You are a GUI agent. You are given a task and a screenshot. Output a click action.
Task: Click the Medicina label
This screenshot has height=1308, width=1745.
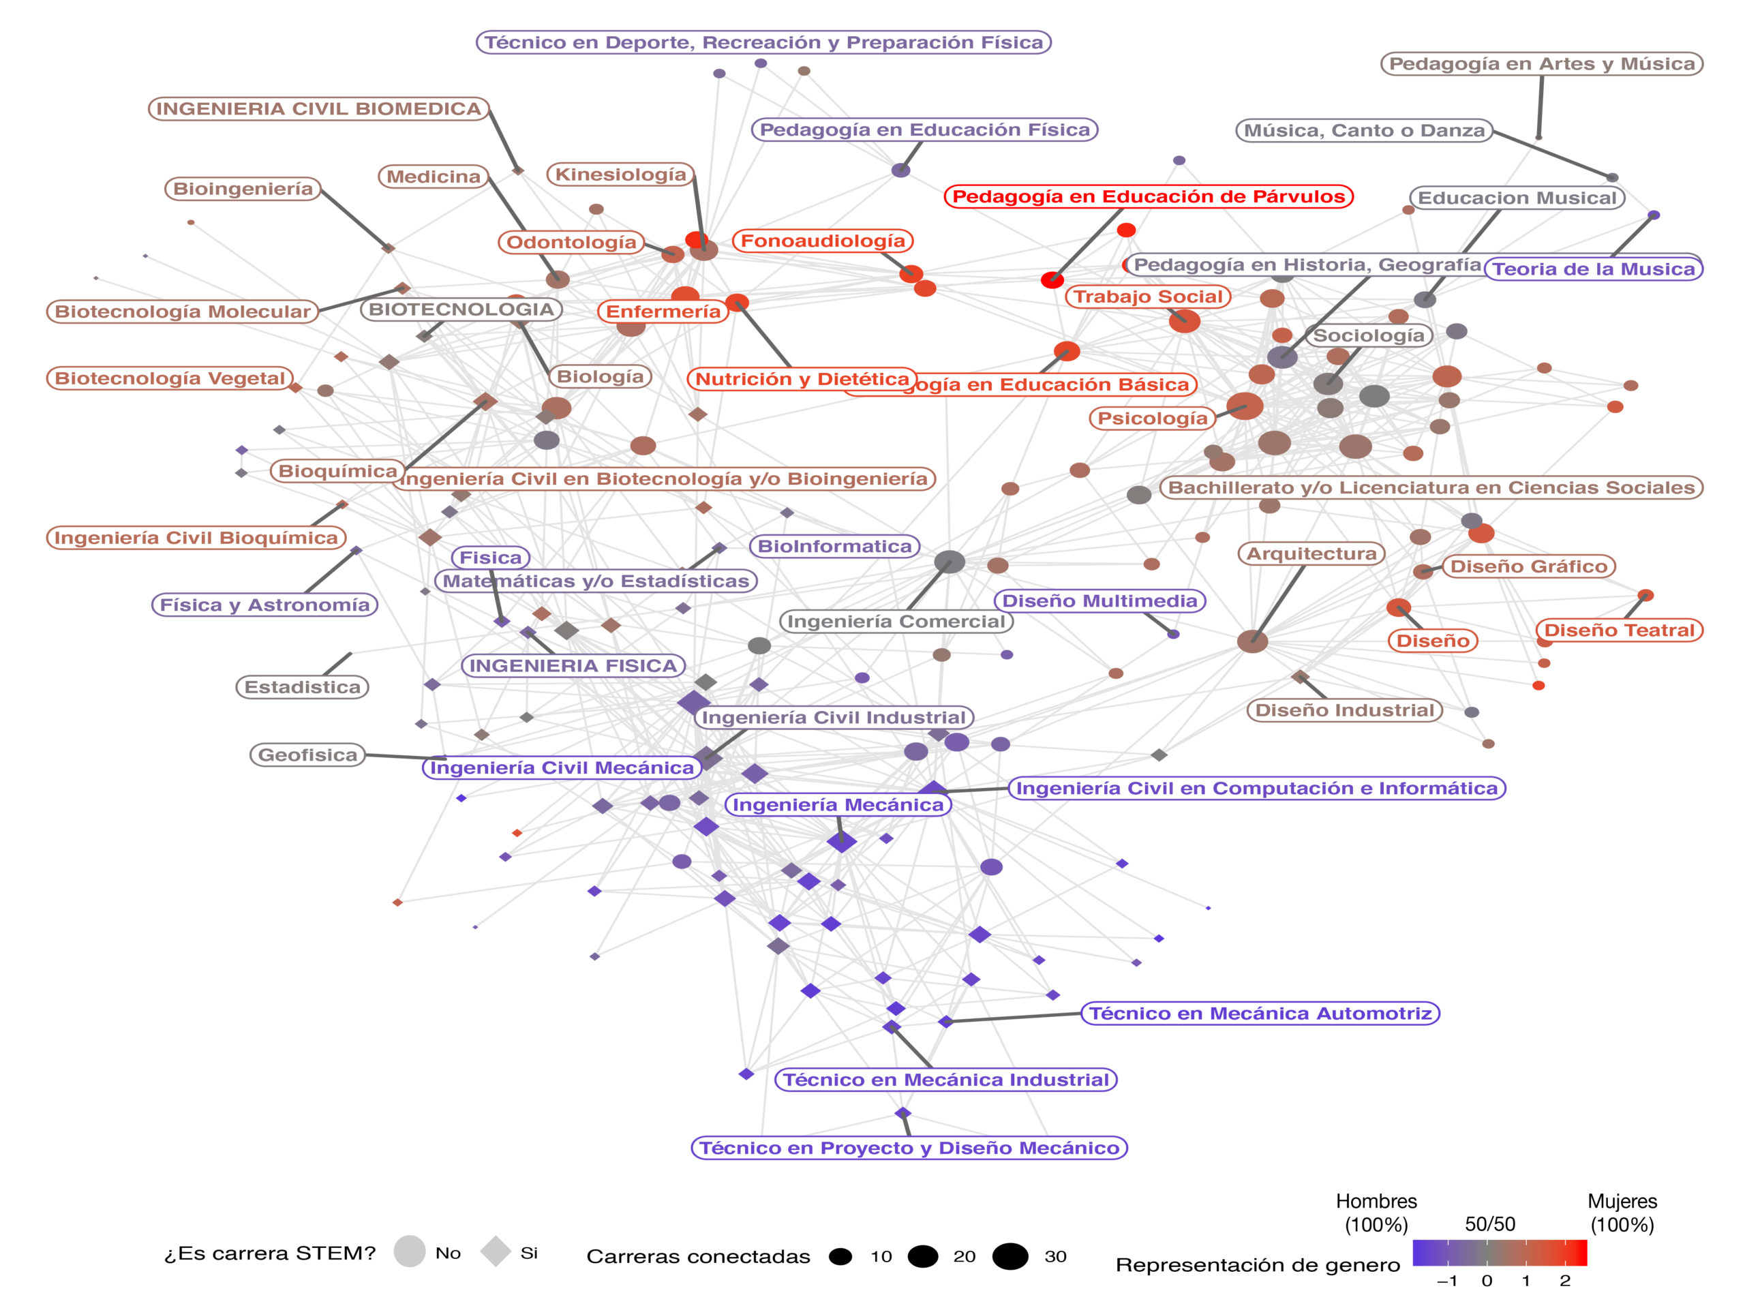pos(433,176)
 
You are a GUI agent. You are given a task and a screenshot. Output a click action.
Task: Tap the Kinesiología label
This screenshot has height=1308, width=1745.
pos(620,174)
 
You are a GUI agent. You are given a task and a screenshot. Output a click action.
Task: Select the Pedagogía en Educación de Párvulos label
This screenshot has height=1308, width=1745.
pos(1148,196)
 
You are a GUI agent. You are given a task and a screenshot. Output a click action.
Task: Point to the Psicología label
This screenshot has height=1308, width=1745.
pos(1152,418)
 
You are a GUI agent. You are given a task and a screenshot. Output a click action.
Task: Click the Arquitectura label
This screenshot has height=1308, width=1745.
pos(1310,554)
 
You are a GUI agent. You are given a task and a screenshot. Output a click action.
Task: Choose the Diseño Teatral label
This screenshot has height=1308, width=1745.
pos(1619,630)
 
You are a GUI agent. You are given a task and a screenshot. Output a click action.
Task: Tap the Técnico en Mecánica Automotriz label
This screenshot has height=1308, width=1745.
pos(1260,1013)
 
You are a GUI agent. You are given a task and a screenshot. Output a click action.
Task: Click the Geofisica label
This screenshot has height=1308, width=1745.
pos(307,755)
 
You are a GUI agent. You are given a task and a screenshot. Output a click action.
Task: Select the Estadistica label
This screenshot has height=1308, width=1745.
pos(302,687)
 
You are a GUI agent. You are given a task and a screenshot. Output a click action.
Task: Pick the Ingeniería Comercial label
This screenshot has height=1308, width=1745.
pos(896,622)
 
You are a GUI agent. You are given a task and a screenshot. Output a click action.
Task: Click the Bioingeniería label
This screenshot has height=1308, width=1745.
pos(242,189)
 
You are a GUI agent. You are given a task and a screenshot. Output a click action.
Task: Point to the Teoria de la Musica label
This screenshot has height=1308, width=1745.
pos(1594,269)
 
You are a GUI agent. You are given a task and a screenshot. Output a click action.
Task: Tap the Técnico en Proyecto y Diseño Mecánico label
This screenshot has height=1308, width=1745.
pos(909,1148)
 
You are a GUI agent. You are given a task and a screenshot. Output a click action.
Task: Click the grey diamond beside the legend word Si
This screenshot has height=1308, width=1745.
pos(496,1251)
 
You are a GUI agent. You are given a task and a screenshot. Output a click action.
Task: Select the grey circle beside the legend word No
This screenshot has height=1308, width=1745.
pos(410,1251)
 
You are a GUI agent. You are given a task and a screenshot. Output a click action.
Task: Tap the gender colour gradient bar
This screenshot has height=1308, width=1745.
pos(1499,1253)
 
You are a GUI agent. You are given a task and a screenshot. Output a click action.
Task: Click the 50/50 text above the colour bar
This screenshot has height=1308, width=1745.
pos(1489,1223)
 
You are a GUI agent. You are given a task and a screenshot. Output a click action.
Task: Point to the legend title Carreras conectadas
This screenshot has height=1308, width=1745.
pos(697,1257)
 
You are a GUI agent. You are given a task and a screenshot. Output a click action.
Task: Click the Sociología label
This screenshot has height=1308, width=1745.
pos(1368,335)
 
